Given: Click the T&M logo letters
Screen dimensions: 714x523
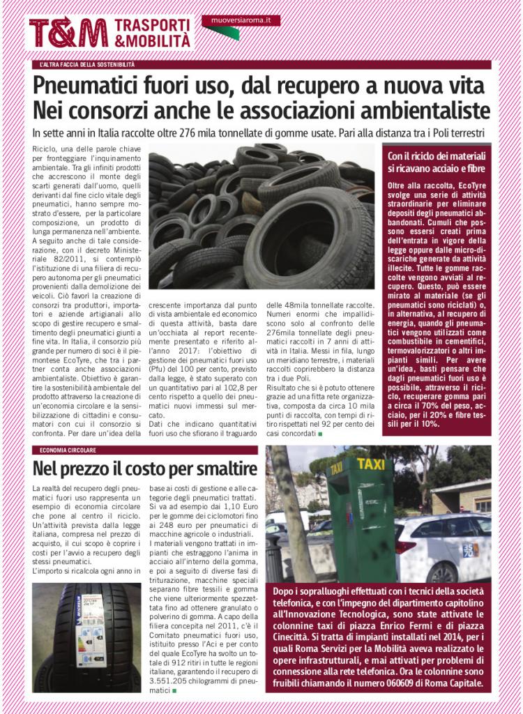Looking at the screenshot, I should [68, 33].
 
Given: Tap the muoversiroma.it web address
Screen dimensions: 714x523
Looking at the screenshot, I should [241, 21].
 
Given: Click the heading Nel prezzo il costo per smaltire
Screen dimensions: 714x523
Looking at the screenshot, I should [144, 468].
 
